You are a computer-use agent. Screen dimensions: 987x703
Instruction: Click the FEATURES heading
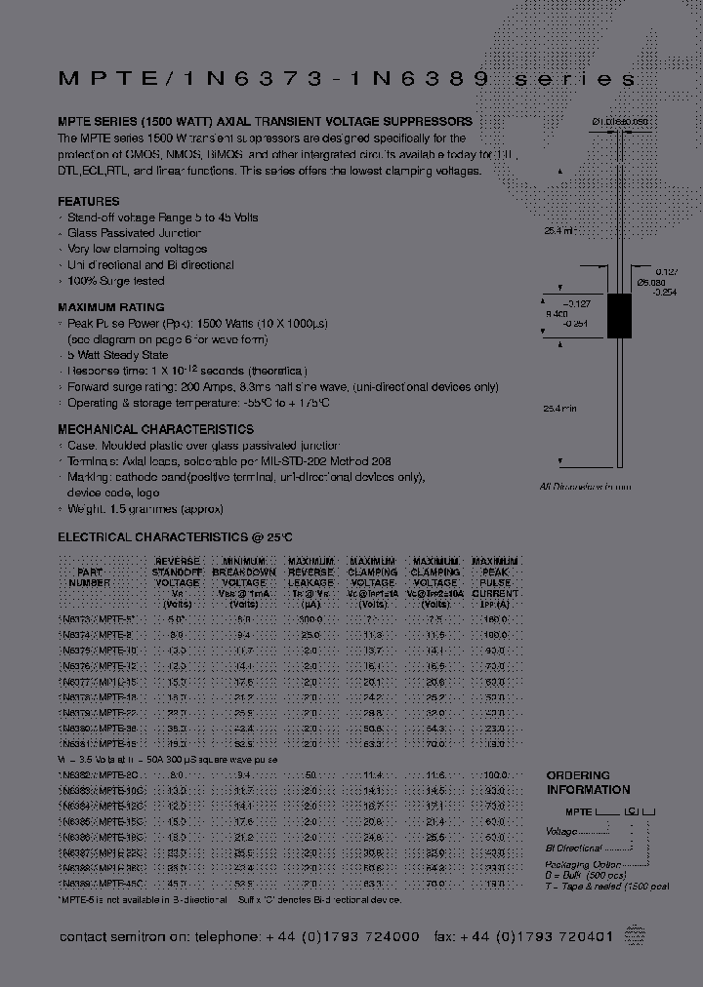[89, 201]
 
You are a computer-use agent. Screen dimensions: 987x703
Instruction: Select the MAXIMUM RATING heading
[111, 307]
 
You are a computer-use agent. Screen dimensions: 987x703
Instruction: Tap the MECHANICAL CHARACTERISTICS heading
[155, 429]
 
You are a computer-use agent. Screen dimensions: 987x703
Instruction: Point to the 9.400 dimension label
[556, 315]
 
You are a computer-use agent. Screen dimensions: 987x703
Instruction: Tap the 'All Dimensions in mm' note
[586, 487]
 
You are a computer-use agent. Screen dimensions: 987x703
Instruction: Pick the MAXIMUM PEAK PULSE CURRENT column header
[495, 582]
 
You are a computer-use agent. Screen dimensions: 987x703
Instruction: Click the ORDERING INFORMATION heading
[588, 782]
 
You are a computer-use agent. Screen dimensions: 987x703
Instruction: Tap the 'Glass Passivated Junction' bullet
[134, 233]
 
